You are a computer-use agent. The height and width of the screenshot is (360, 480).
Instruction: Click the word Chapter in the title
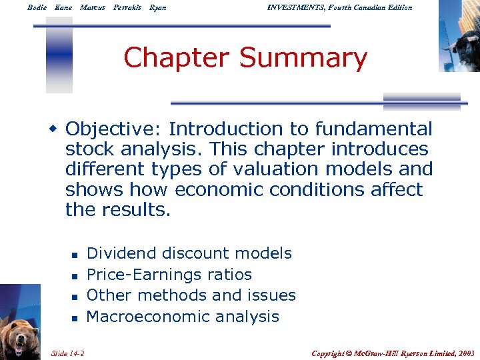[178, 58]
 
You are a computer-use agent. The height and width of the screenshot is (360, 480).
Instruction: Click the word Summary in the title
[303, 58]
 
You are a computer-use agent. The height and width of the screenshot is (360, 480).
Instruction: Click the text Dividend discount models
[189, 253]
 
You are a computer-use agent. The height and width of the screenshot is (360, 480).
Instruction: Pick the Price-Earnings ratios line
[169, 275]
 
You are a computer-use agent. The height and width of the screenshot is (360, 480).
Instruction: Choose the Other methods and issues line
[191, 295]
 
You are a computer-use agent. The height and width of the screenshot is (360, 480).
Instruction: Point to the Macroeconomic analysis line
[183, 317]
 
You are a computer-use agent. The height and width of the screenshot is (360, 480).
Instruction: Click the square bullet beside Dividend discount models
[75, 255]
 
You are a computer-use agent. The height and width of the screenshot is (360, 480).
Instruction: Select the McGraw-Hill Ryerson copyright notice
[393, 352]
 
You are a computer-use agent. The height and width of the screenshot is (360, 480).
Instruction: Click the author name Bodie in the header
[37, 7]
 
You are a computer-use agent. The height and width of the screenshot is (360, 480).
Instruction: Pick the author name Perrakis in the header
[127, 7]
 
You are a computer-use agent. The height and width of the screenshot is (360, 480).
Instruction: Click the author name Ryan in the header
[159, 7]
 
